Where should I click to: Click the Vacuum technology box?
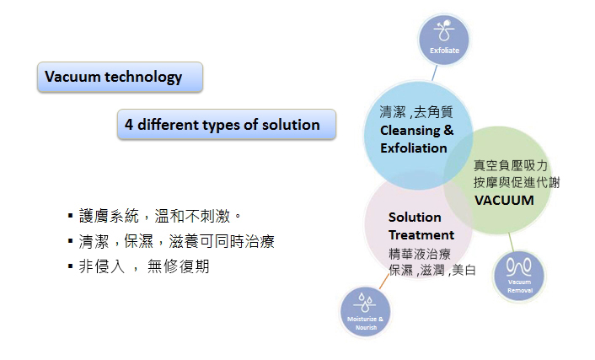pyautogui.click(x=120, y=77)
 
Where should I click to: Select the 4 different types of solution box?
pyautogui.click(x=227, y=124)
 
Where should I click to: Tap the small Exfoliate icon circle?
pyautogui.click(x=443, y=40)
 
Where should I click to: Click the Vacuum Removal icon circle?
pyautogui.click(x=519, y=276)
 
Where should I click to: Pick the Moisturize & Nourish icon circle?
pyautogui.click(x=365, y=311)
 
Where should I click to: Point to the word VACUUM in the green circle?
pyautogui.click(x=504, y=200)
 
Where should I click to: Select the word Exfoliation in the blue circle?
pyautogui.click(x=414, y=148)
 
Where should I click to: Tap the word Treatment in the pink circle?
pyautogui.click(x=421, y=234)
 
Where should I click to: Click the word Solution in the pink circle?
pyautogui.click(x=415, y=218)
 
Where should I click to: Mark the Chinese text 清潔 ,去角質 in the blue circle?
pyautogui.click(x=416, y=112)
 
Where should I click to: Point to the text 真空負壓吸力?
pyautogui.click(x=511, y=165)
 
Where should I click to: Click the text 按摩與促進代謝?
pyautogui.click(x=517, y=182)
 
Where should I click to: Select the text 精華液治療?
pyautogui.click(x=420, y=253)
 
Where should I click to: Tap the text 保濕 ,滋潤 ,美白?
pyautogui.click(x=432, y=270)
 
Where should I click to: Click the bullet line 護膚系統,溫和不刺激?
pyautogui.click(x=155, y=216)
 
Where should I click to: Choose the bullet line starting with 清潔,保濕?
pyautogui.click(x=171, y=241)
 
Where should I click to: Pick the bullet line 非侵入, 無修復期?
pyautogui.click(x=138, y=266)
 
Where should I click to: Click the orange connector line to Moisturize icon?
pyautogui.click(x=384, y=282)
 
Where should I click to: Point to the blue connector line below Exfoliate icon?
pyautogui.click(x=435, y=73)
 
